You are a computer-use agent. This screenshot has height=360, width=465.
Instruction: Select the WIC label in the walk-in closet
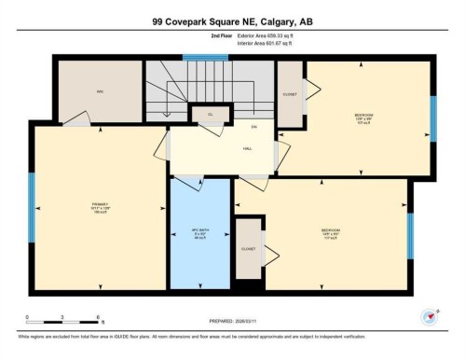coord(100,91)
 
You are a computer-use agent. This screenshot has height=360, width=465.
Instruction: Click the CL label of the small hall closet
coord(211,114)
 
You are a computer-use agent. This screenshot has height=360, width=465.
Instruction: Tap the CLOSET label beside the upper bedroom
coord(290,94)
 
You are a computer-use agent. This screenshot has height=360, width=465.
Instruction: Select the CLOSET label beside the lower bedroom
coord(248,249)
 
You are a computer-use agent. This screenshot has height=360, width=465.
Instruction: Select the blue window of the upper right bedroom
coord(432,118)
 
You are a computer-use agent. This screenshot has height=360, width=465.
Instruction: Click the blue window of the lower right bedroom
coord(409,235)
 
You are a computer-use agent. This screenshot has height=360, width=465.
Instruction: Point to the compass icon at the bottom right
coord(430,316)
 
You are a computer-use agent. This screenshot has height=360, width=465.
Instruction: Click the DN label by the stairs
coord(253,126)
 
